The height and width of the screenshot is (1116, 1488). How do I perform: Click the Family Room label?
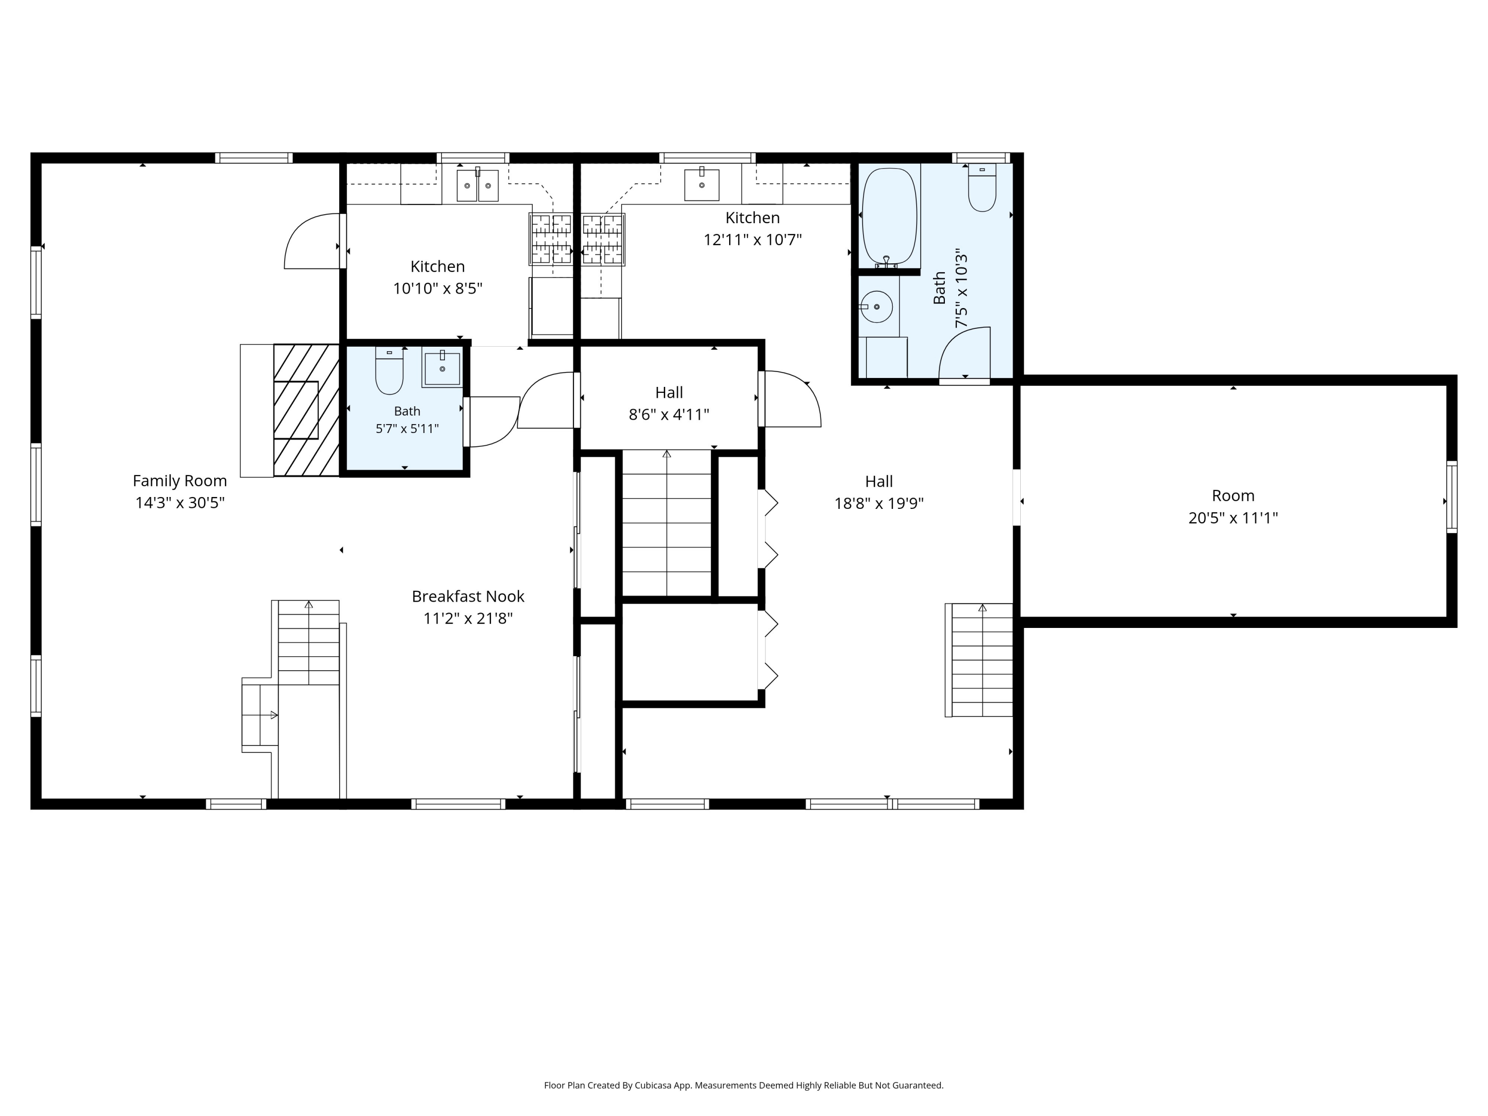pos(180,481)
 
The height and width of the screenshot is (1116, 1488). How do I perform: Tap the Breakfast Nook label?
pos(468,596)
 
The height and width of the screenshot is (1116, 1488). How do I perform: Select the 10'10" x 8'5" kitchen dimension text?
pos(438,289)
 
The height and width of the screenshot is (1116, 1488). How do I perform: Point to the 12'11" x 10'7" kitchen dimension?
pos(753,240)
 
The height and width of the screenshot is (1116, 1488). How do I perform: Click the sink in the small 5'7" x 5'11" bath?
pos(442,369)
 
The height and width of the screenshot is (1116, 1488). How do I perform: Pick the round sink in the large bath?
pos(876,307)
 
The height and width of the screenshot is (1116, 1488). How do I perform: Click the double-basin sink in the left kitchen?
pos(478,185)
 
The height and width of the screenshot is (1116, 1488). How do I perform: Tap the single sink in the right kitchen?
pos(702,185)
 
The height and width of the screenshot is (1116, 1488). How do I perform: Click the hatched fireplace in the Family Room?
pos(306,410)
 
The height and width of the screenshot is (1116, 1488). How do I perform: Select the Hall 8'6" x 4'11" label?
pos(669,404)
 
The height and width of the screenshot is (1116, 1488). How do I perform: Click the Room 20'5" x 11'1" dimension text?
pos(1233,518)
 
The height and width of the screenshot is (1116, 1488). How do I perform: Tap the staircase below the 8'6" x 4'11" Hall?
pos(667,523)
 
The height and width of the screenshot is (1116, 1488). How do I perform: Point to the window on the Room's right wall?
pos(1452,497)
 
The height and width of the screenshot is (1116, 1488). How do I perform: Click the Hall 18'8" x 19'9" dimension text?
pos(879,504)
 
